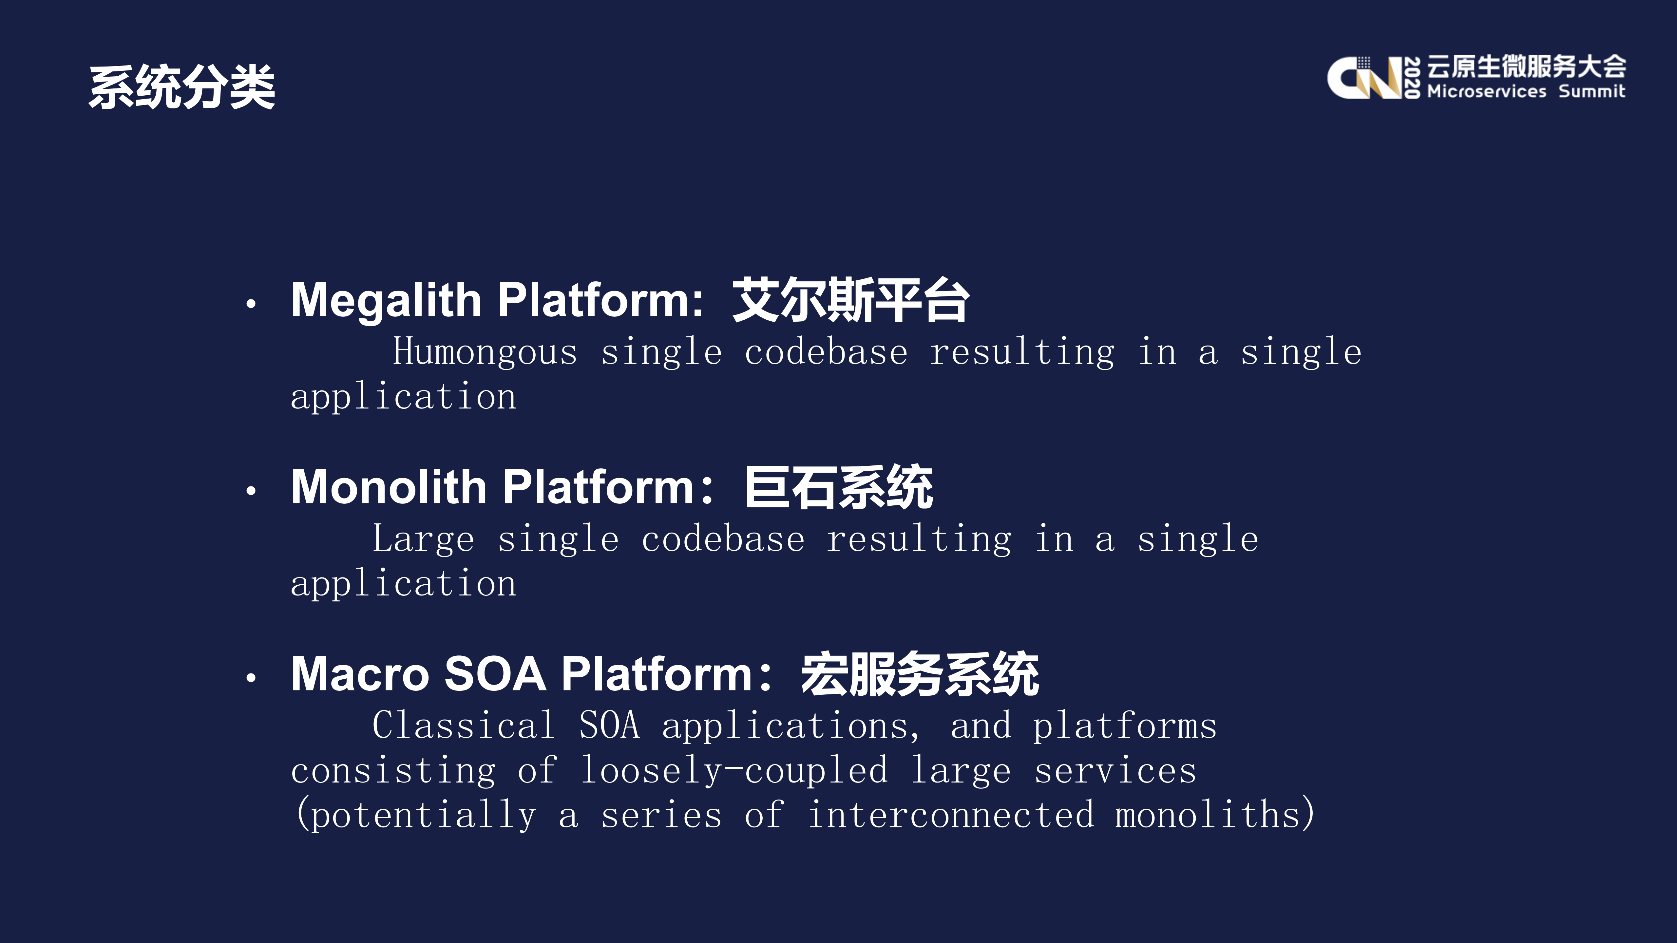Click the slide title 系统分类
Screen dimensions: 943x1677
181,87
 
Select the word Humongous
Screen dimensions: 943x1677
485,352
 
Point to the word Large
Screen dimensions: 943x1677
423,539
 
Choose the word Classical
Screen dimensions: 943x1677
464,726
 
